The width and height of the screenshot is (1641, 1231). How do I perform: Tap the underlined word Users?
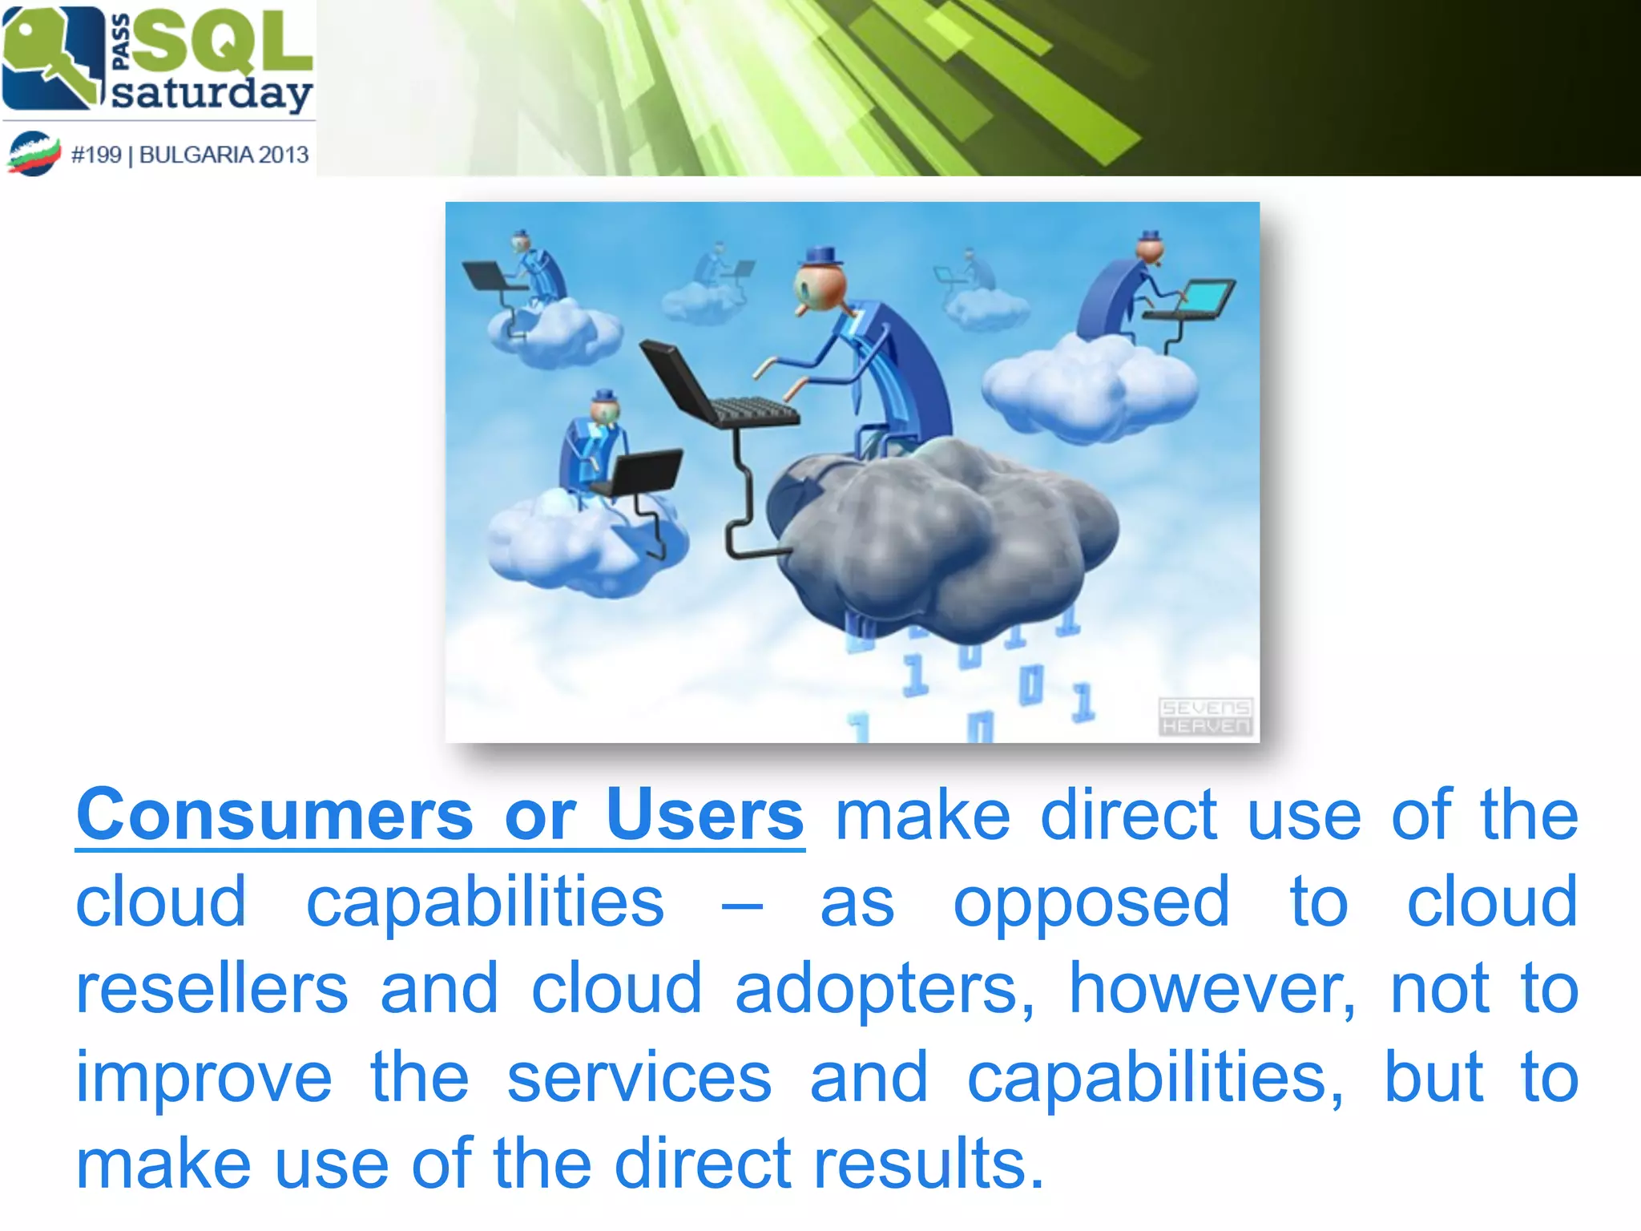point(704,816)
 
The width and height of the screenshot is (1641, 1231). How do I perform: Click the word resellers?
point(212,990)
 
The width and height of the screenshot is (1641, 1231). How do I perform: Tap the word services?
point(639,1079)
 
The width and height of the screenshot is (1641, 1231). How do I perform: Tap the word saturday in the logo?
point(212,94)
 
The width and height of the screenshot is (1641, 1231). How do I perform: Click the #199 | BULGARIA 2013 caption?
point(190,155)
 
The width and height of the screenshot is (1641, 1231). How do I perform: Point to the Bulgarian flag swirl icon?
point(34,153)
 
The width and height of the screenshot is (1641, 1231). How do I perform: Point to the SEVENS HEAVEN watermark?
point(1205,716)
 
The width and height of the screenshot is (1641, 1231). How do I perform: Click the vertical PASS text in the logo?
point(120,42)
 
